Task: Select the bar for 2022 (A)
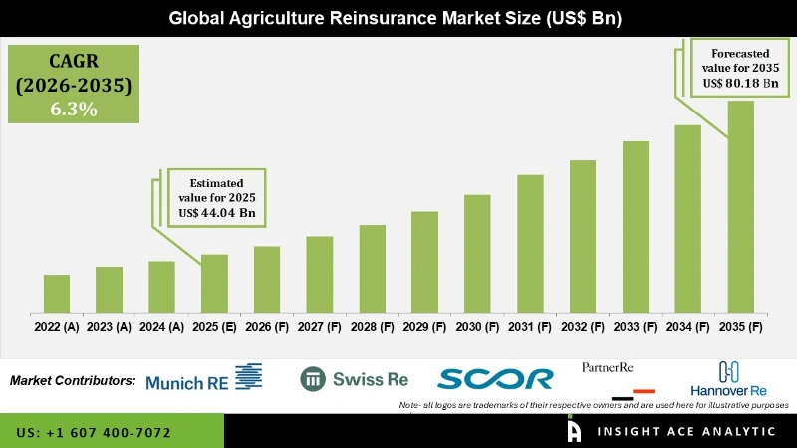click(57, 293)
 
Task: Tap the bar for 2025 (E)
click(214, 283)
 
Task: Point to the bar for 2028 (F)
click(372, 268)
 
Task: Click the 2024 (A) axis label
click(161, 327)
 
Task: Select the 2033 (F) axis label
click(636, 327)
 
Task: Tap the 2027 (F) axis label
click(319, 327)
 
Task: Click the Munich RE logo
click(203, 379)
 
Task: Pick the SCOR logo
click(495, 379)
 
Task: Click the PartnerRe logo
click(609, 367)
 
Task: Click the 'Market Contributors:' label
click(73, 380)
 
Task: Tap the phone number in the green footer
click(95, 433)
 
